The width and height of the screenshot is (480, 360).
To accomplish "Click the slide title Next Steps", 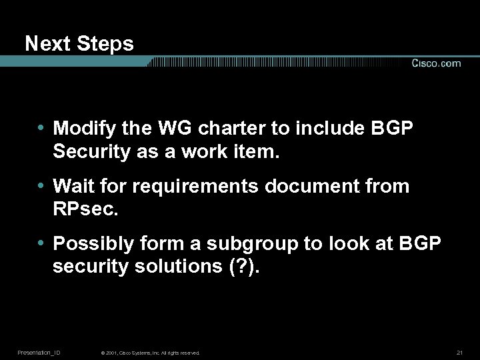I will click(x=79, y=44).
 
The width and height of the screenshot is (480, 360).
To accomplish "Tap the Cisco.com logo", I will click(x=436, y=63).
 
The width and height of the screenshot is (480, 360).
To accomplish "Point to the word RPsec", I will click(x=85, y=210).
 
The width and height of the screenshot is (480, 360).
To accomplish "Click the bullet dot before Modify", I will click(x=42, y=127).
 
